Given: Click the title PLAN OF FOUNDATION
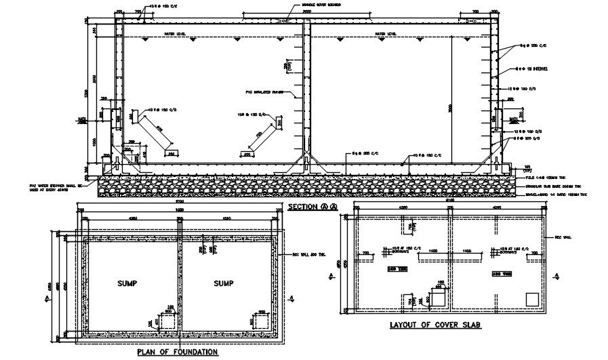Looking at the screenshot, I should click(x=177, y=352).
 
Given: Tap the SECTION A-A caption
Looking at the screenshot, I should click(x=313, y=206).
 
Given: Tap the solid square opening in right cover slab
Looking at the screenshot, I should click(x=531, y=298).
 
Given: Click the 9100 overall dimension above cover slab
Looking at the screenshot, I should click(x=449, y=201).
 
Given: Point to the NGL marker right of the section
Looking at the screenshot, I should click(x=513, y=120).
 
